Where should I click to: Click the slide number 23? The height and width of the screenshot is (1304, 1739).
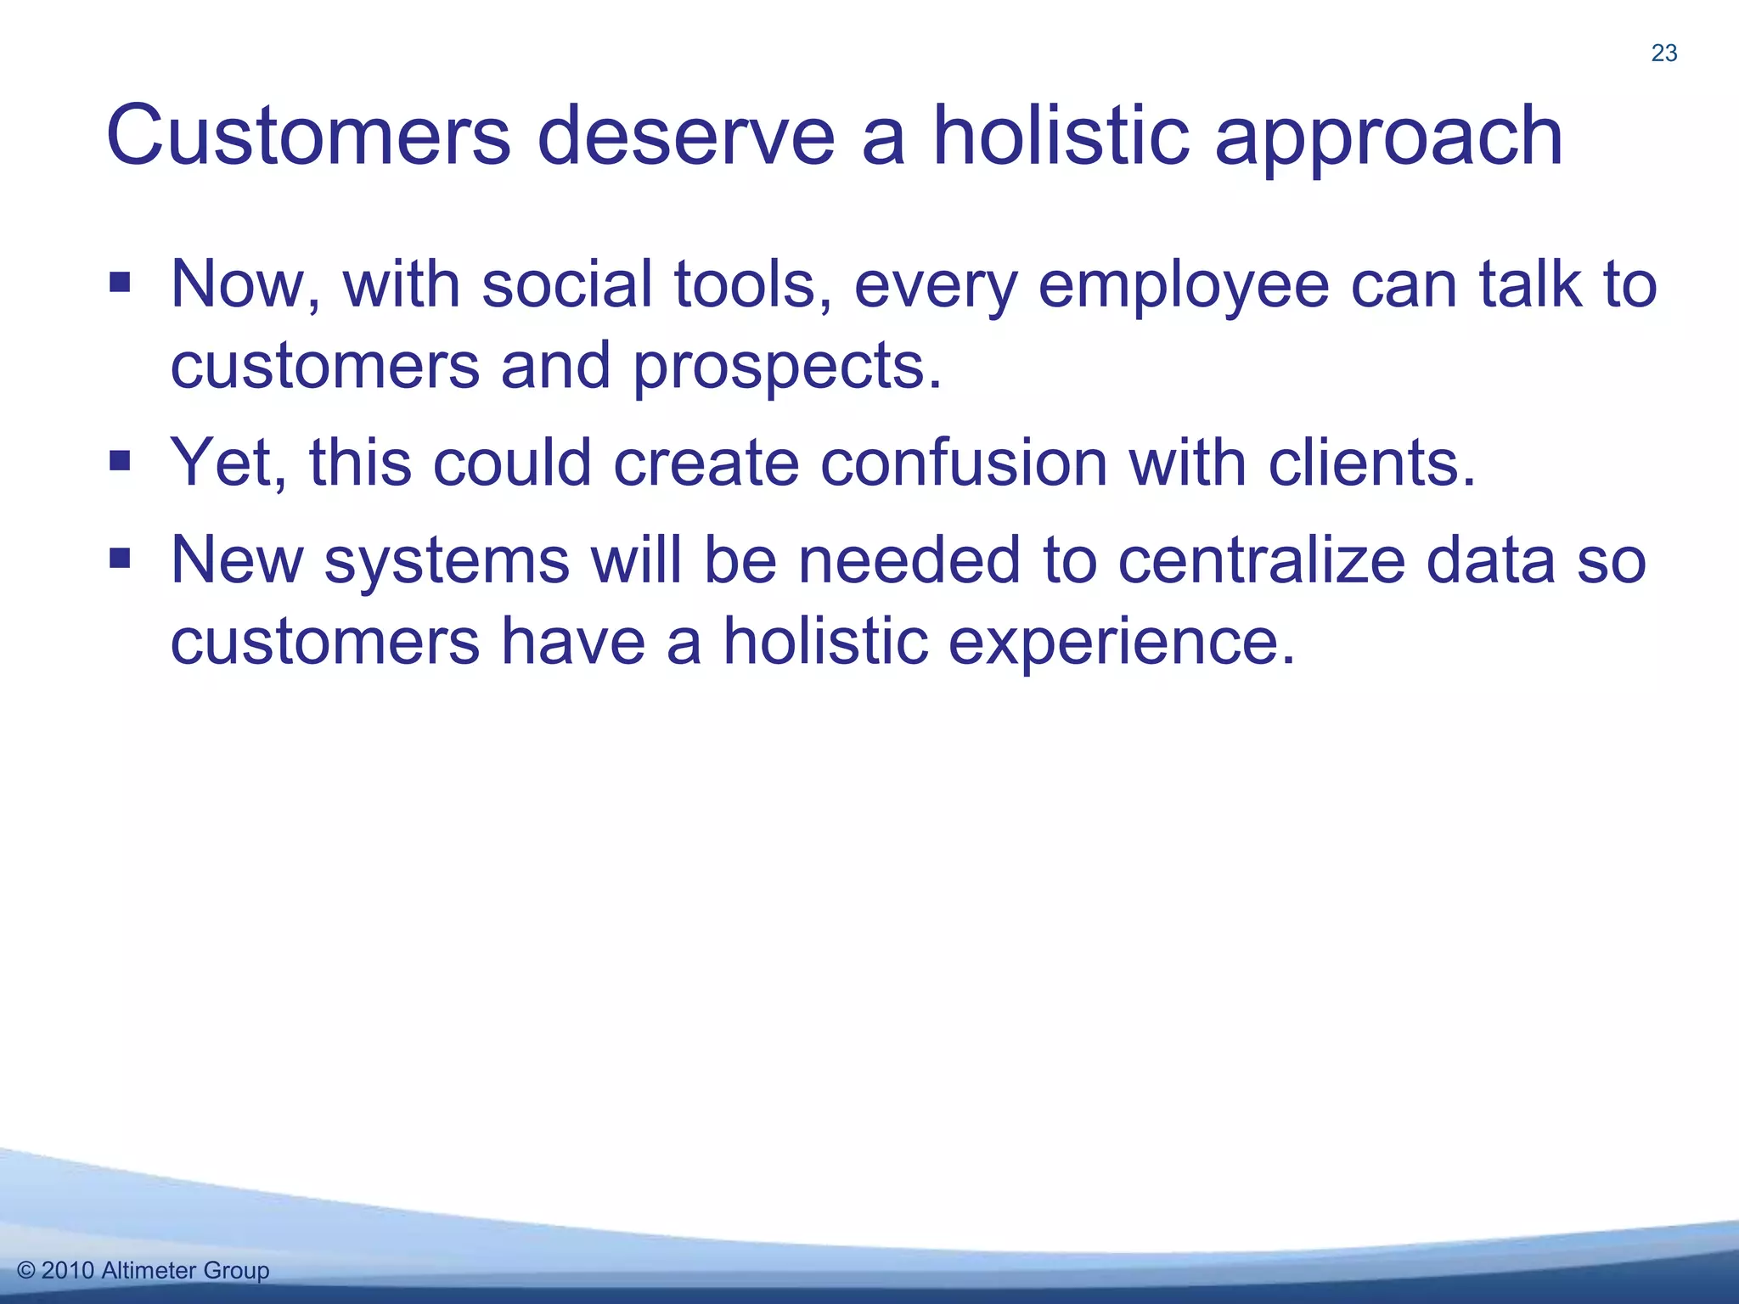tap(1663, 53)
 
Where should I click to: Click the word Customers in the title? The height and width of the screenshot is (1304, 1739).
tap(308, 136)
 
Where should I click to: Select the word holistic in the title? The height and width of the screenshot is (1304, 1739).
tap(1061, 136)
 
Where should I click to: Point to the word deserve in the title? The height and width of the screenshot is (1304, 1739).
tap(686, 136)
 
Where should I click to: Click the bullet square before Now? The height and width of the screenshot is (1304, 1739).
tap(120, 282)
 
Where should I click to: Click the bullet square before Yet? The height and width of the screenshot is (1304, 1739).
tap(120, 461)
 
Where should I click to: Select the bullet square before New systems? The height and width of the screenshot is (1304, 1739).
tap(120, 559)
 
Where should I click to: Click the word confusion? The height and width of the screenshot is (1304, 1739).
tap(964, 464)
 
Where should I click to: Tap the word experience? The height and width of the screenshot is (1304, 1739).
tap(1121, 644)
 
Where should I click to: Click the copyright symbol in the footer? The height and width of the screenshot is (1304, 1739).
tap(26, 1270)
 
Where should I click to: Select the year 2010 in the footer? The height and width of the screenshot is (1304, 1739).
tap(67, 1270)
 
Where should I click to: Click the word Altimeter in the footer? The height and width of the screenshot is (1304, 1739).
tap(149, 1270)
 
